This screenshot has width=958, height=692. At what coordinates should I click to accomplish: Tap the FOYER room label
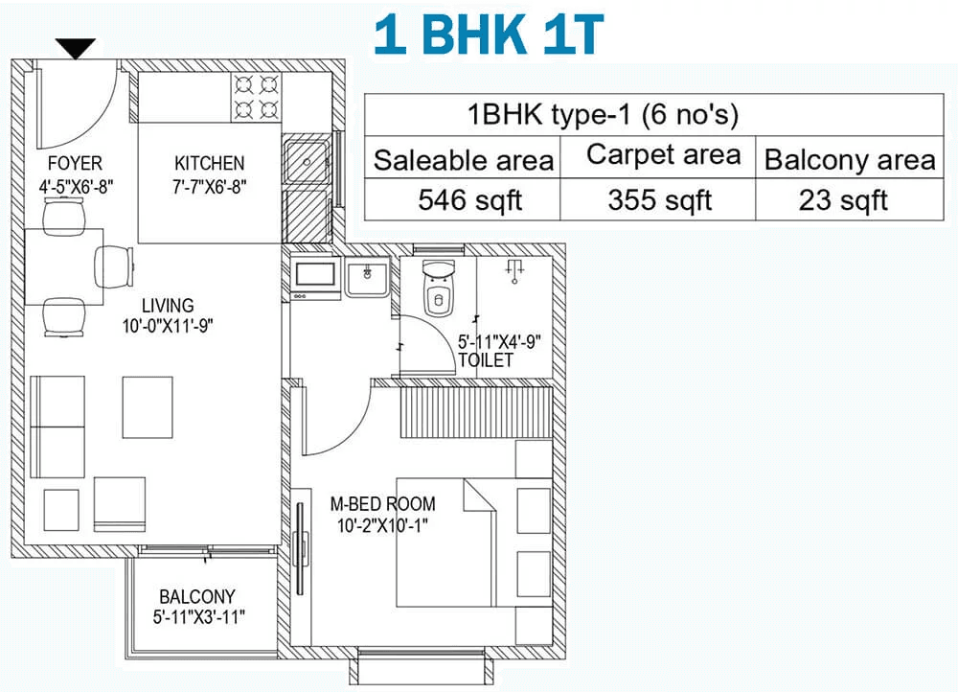(75, 163)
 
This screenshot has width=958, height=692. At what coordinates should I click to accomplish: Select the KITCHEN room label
(210, 163)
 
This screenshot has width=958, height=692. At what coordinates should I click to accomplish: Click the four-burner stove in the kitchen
(256, 97)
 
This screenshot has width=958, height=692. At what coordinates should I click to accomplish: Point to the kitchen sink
(307, 161)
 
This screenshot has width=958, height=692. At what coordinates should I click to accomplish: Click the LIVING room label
(168, 306)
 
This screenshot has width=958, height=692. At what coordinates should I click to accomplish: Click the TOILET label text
(487, 360)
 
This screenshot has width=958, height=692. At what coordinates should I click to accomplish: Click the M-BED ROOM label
(382, 504)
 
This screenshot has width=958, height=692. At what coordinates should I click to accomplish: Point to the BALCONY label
(197, 597)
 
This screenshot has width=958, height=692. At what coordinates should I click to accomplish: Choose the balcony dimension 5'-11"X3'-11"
(198, 617)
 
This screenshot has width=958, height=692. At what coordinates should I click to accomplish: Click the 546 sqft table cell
(469, 200)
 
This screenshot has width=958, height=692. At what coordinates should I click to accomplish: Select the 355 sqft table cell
(659, 200)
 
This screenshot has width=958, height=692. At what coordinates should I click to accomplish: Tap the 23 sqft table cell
(843, 200)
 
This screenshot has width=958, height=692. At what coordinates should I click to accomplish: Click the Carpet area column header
(664, 154)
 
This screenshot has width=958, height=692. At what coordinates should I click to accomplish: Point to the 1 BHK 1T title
(489, 34)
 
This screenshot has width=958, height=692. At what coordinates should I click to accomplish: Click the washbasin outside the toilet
(367, 277)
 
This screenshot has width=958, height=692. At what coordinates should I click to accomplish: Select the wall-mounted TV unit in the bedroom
(300, 547)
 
